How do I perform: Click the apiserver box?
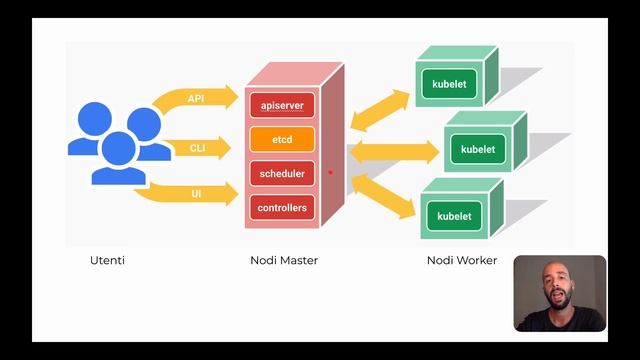pos(281,104)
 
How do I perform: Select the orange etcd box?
pos(281,139)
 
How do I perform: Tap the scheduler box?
pos(281,174)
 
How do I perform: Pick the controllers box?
pos(281,209)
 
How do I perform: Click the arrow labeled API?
pos(196,99)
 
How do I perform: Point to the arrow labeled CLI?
pos(196,148)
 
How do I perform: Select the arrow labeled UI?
pos(196,192)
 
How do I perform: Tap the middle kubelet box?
pos(478,149)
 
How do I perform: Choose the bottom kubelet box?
pos(454,216)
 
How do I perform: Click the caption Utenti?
pos(107,261)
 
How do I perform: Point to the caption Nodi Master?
pos(284,261)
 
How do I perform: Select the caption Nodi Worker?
pos(462,261)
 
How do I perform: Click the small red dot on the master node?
pos(331,172)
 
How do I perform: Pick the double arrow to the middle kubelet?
pos(394,152)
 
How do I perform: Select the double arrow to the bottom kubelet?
pos(384,196)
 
